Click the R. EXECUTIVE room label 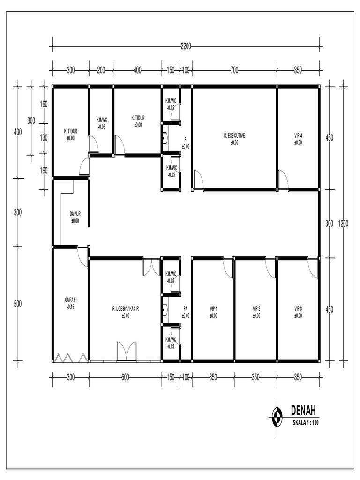pyautogui.click(x=234, y=136)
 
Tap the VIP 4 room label pyautogui.click(x=298, y=136)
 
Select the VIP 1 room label pyautogui.click(x=213, y=309)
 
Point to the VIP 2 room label pyautogui.click(x=256, y=309)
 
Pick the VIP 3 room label pyautogui.click(x=298, y=309)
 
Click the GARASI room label pyautogui.click(x=70, y=300)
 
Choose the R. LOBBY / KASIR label pyautogui.click(x=125, y=309)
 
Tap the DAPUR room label pyautogui.click(x=75, y=214)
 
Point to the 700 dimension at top pyautogui.click(x=234, y=70)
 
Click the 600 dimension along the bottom pyautogui.click(x=125, y=376)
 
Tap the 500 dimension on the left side pyautogui.click(x=18, y=304)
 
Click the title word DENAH pyautogui.click(x=303, y=412)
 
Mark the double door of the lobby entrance pyautogui.click(x=126, y=351)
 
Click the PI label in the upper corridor pyautogui.click(x=186, y=139)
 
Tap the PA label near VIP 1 pyautogui.click(x=186, y=309)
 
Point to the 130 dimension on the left pyautogui.click(x=44, y=138)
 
